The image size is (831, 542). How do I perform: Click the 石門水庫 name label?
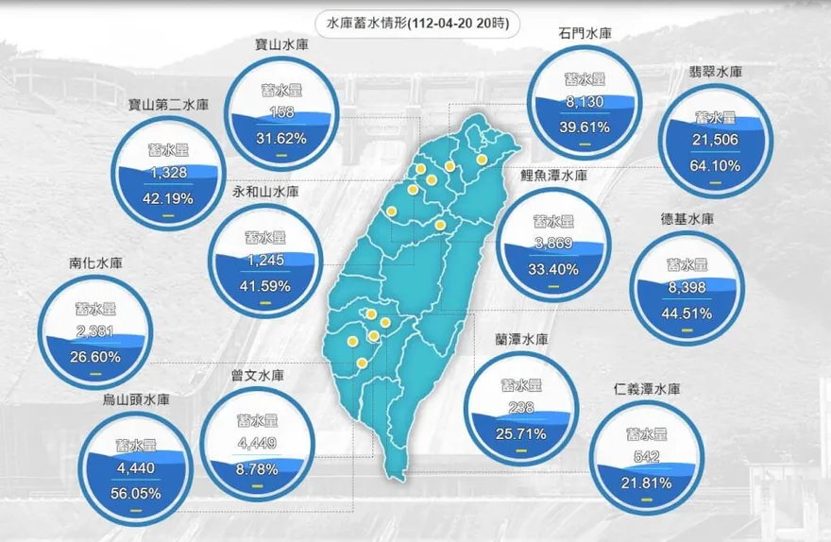click(585, 34)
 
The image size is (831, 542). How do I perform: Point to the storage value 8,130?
click(583, 103)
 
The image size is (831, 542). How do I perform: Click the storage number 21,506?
click(715, 140)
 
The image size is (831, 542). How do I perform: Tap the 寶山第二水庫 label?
click(168, 103)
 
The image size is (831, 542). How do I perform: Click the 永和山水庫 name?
click(265, 191)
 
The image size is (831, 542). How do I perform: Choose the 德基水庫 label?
click(687, 219)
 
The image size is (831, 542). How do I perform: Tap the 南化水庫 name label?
click(95, 263)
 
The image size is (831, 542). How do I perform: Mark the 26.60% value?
click(94, 356)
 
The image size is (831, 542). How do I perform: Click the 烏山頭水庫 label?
click(136, 399)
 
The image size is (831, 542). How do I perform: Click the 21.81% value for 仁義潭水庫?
click(647, 483)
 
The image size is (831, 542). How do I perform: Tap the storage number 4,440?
click(136, 468)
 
